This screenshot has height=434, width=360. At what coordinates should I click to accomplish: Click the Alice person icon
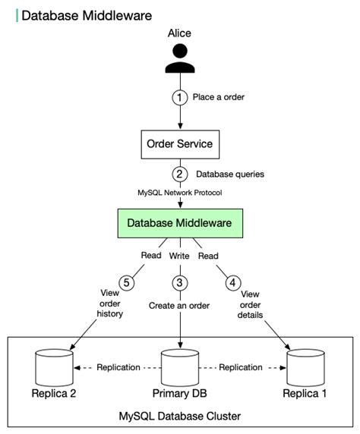click(180, 60)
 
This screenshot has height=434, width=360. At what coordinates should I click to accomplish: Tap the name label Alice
click(180, 33)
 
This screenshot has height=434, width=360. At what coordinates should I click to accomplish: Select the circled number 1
click(180, 97)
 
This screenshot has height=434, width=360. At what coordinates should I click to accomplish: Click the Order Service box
click(180, 143)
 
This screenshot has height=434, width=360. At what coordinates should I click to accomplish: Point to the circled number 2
click(180, 174)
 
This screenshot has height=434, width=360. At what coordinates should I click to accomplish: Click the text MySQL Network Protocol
click(180, 193)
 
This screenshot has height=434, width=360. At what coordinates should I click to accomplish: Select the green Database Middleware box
click(180, 223)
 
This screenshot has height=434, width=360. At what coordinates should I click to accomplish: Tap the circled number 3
click(180, 282)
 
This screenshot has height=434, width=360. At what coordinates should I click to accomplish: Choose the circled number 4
click(232, 282)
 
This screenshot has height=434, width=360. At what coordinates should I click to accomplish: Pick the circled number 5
click(128, 282)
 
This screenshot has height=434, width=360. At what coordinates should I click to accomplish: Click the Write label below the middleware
click(180, 256)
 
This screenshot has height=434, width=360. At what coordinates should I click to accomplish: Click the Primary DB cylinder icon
click(180, 368)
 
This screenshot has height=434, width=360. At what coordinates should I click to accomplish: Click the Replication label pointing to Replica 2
click(118, 367)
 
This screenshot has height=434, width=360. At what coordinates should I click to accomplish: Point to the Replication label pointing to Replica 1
click(241, 367)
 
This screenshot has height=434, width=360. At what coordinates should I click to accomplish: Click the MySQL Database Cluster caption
click(180, 417)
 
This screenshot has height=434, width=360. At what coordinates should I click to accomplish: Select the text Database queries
click(230, 174)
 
